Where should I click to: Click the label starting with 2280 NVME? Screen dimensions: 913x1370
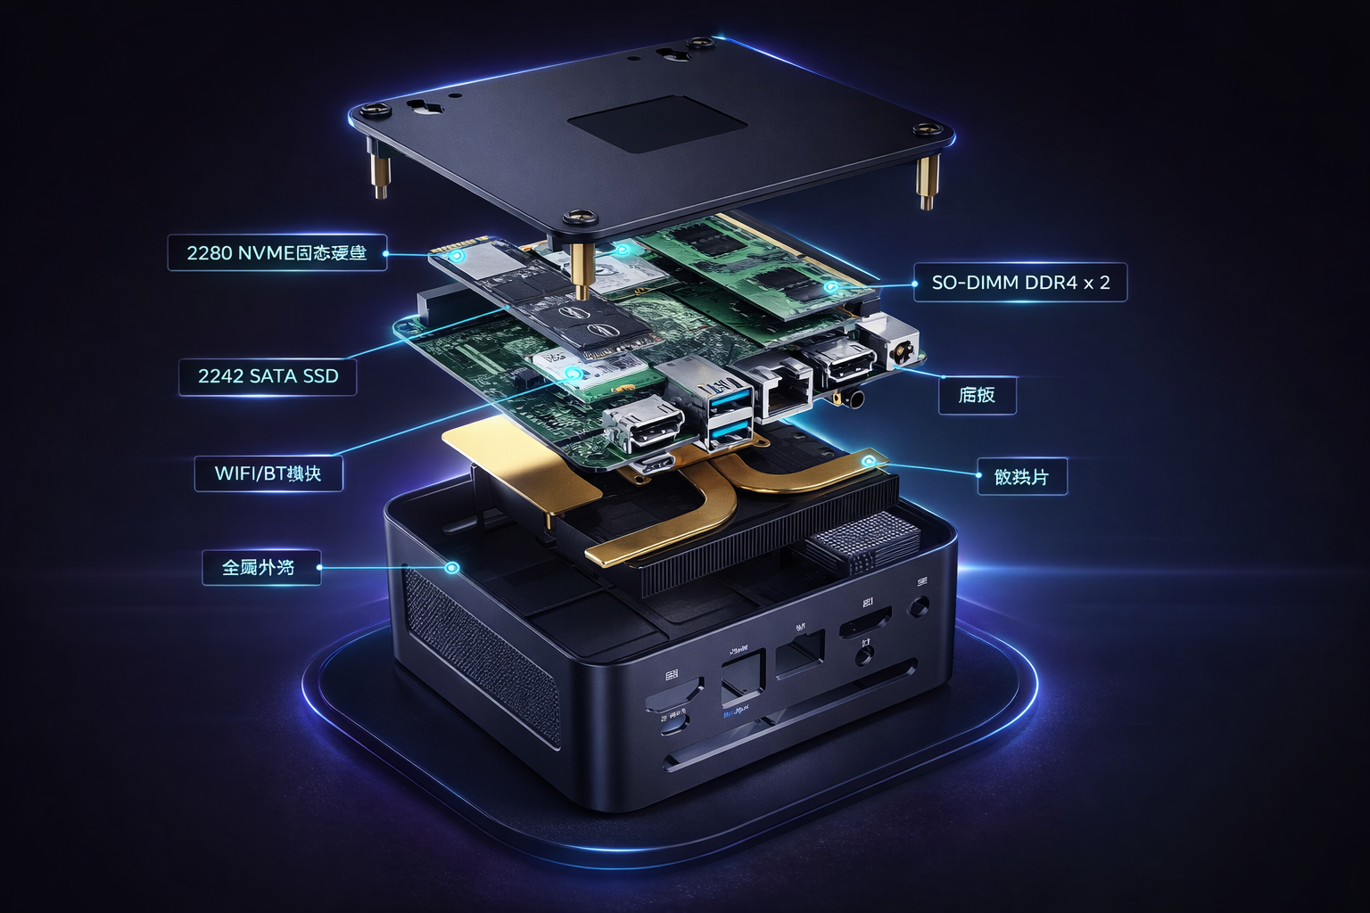click(276, 253)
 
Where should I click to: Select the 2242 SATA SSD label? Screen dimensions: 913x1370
click(268, 376)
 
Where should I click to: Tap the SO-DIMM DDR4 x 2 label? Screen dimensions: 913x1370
click(1020, 283)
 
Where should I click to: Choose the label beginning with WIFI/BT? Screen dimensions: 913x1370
click(268, 473)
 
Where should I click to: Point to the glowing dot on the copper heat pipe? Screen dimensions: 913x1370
click(868, 461)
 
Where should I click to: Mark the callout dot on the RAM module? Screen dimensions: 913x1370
click(831, 287)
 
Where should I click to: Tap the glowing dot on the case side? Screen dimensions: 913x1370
click(452, 567)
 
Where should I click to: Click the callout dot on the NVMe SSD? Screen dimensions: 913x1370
click(457, 256)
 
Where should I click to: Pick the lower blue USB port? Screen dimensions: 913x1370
click(730, 434)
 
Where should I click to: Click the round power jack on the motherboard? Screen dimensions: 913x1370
click(900, 350)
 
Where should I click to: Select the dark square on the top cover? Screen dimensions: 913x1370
click(657, 124)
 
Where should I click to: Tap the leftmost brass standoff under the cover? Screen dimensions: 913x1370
click(380, 175)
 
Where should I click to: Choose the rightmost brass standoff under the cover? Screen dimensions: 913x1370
click(928, 182)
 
